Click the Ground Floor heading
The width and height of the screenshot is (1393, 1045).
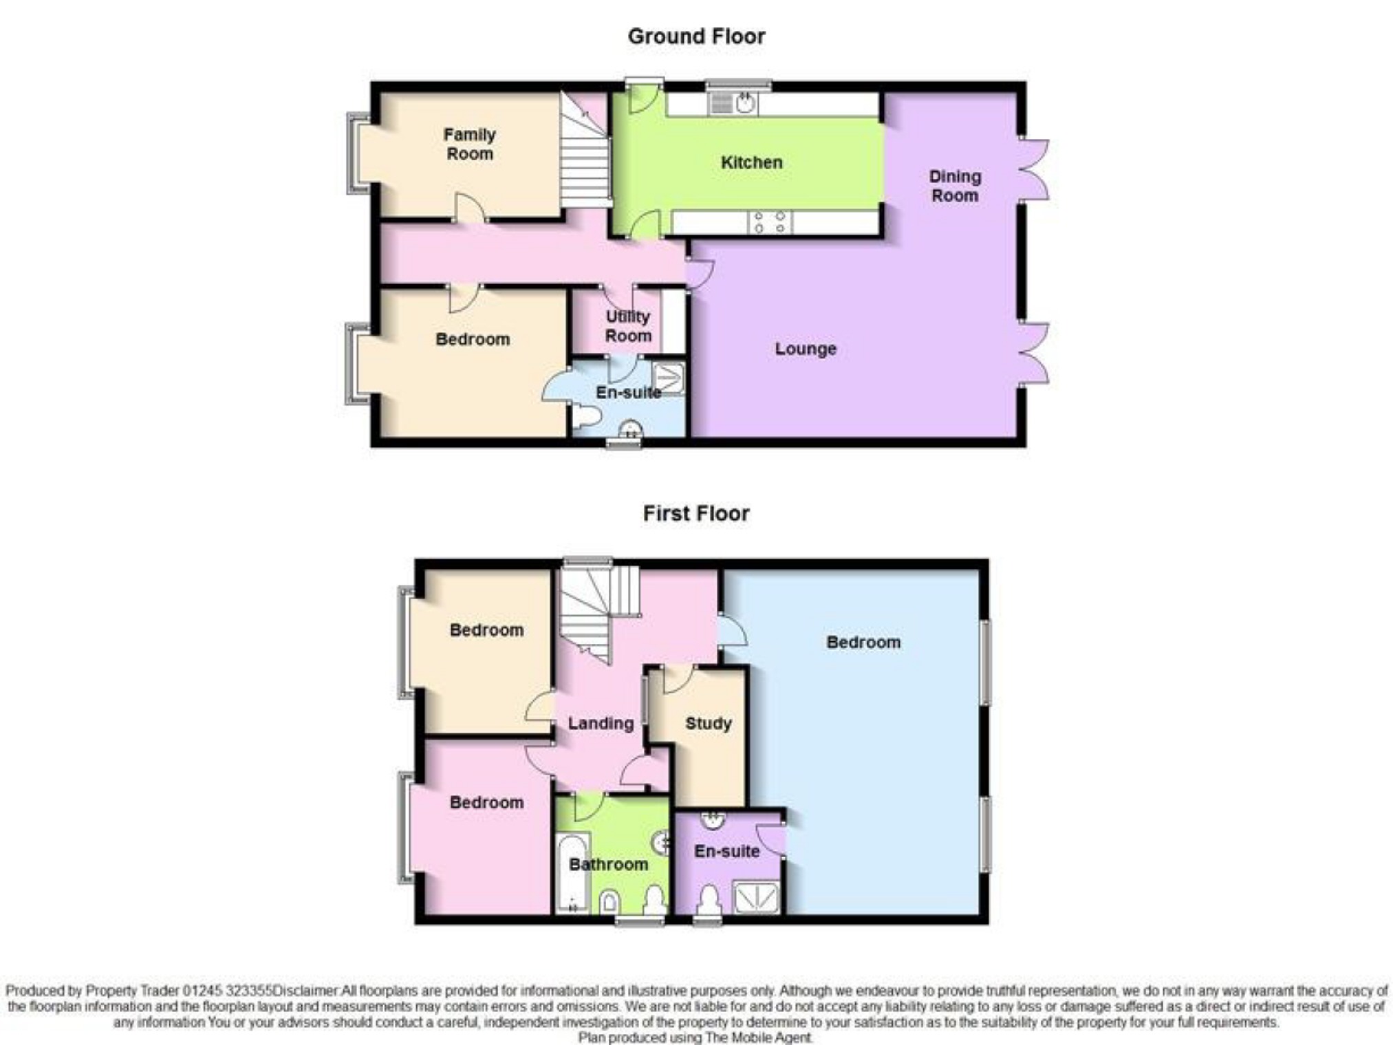coord(696,36)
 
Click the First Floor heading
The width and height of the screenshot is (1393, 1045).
coord(696,513)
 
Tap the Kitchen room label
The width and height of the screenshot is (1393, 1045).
coord(751,162)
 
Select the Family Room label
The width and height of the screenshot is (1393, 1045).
coord(470,144)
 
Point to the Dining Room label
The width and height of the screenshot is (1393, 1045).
coord(955,186)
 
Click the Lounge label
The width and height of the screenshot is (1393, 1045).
coord(806,349)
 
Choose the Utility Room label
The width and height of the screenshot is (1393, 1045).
coord(628,326)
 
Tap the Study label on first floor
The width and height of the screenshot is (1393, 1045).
coord(709,723)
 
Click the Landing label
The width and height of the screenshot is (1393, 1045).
coord(601,723)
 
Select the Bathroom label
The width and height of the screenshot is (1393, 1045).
coord(609,864)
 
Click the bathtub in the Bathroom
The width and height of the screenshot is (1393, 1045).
coord(572,873)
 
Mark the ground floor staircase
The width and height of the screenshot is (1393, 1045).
coord(585,149)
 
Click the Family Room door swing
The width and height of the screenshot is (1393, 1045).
coord(470,206)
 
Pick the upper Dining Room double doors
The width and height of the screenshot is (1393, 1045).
coord(1034,170)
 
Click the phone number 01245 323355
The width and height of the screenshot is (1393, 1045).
coord(228,991)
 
